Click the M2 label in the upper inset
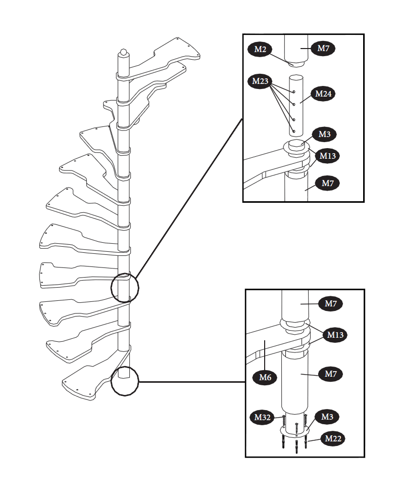261,49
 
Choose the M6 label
266,376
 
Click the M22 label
333,438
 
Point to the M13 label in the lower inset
335,334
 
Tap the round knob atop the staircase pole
123,53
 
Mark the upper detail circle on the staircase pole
125,287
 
